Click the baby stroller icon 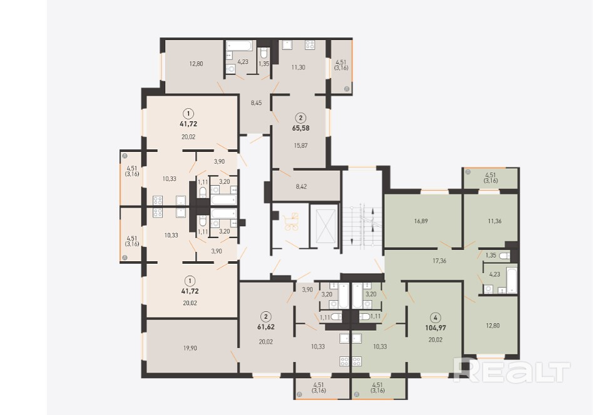tap(292, 222)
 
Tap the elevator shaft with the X tap(325, 227)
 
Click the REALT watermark tap(511, 371)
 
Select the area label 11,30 tap(298, 67)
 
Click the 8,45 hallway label tap(256, 102)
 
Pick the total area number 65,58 tap(300, 128)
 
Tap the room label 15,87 tap(300, 146)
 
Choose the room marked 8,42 tap(302, 187)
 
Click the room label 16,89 tap(421, 221)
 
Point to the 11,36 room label tap(494, 221)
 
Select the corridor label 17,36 tap(439, 261)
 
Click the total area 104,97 tap(436, 328)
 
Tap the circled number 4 tap(436, 317)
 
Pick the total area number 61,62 tap(266, 327)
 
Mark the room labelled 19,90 tap(190, 348)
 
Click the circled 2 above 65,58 tap(300, 117)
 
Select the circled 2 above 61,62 tap(266, 317)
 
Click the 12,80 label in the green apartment tap(492, 326)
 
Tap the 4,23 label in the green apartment tap(494, 274)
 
